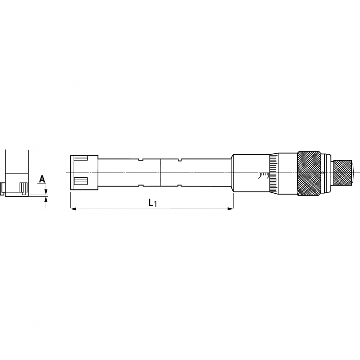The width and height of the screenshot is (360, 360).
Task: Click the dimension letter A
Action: [x=42, y=179]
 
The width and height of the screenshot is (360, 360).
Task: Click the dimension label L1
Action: [x=152, y=203]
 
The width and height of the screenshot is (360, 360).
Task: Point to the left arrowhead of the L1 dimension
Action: [x=73, y=209]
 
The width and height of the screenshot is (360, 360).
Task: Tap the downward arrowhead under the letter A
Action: [x=46, y=192]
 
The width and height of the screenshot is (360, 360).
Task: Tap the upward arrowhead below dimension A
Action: [x=46, y=199]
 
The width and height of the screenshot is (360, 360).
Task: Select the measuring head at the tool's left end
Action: [x=84, y=172]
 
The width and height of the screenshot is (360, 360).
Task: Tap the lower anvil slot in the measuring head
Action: [x=81, y=181]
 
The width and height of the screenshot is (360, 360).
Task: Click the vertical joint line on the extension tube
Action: [x=160, y=172]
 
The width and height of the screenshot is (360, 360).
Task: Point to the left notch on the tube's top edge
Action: [x=140, y=160]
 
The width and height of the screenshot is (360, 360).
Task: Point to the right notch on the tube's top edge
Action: [x=179, y=160]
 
